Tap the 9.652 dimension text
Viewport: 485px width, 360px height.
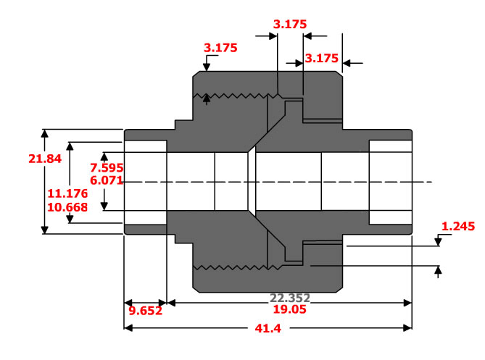pos(145,311)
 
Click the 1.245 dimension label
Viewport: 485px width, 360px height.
pos(457,226)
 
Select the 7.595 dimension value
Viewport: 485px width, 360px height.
pos(106,167)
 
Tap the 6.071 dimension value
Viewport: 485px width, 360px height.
pos(106,180)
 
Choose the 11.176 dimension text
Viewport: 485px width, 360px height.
pos(67,193)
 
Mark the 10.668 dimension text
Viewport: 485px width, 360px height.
pos(67,207)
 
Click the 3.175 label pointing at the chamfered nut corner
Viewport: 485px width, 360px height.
pos(220,48)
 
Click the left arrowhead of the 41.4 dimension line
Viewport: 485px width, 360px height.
pos(128,327)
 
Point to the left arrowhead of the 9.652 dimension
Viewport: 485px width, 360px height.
pos(128,303)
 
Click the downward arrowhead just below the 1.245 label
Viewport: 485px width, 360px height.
pos(438,243)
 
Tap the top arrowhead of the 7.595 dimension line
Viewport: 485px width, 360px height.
pos(104,156)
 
